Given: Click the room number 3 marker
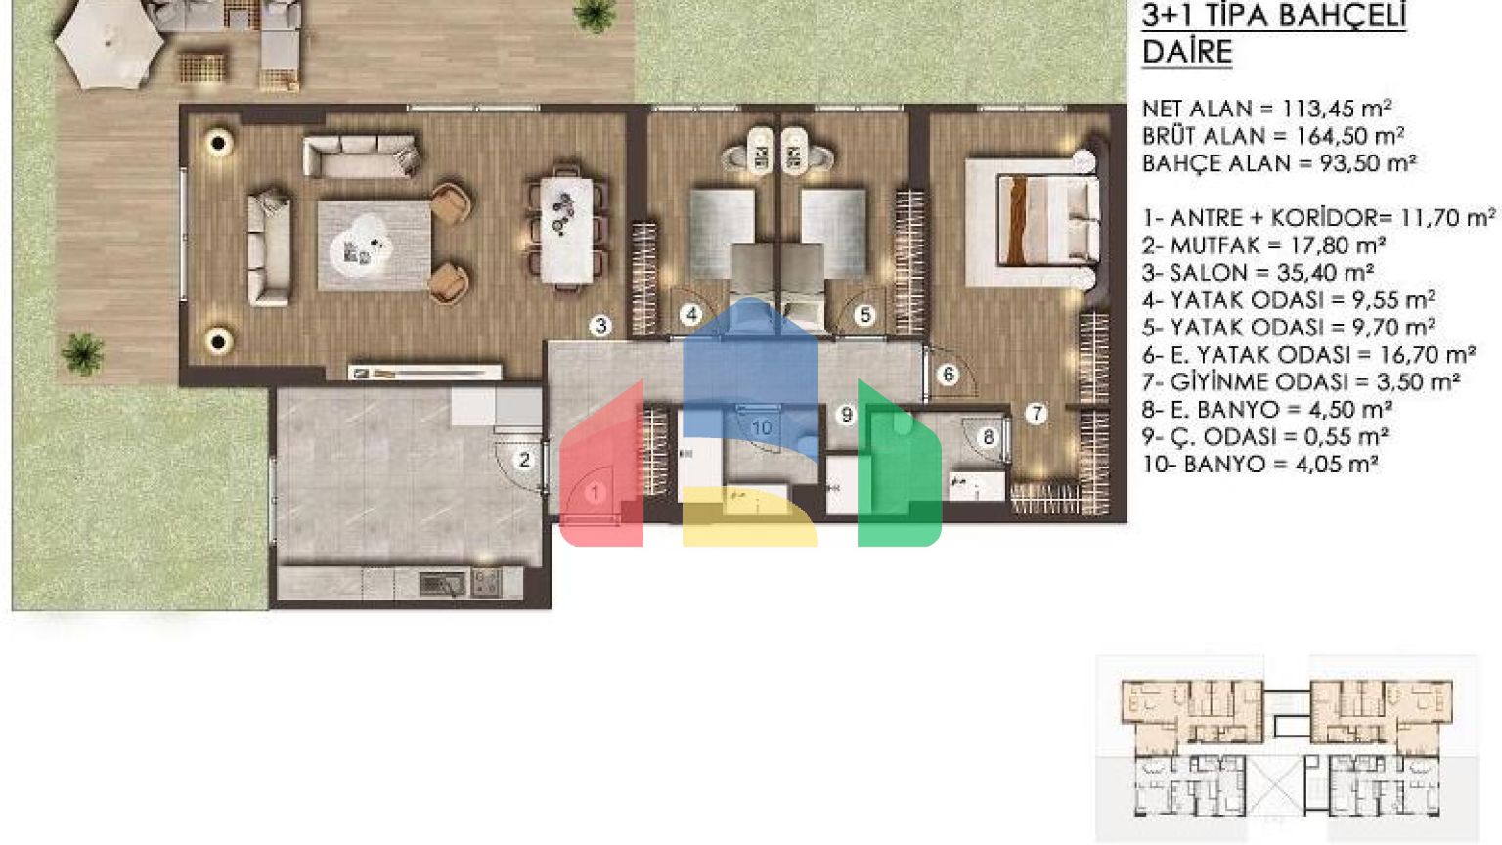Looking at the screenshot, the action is (x=600, y=326).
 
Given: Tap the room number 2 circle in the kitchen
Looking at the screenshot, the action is (x=524, y=460).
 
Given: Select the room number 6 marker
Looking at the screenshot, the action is (x=949, y=375).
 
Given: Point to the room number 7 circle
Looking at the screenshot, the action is (x=1037, y=413).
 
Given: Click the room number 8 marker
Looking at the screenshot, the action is (x=988, y=437).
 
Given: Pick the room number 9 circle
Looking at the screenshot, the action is (x=846, y=415).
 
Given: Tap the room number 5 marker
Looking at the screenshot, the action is (x=865, y=315).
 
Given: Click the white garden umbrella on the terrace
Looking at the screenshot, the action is (x=109, y=44).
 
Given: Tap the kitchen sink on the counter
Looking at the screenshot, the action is (x=442, y=584).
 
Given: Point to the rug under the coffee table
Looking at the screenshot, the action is (x=375, y=246).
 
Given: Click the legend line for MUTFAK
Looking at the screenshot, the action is (x=1264, y=246).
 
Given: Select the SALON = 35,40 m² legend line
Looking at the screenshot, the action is (x=1259, y=273).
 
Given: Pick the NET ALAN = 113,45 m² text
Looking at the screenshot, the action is (x=1266, y=109).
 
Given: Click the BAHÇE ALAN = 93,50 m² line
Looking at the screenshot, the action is (x=1279, y=163).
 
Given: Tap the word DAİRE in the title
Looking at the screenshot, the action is (x=1187, y=52).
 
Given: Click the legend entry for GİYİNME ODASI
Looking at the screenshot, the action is (x=1302, y=382).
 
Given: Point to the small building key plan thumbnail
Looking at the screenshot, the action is (x=1287, y=747).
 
